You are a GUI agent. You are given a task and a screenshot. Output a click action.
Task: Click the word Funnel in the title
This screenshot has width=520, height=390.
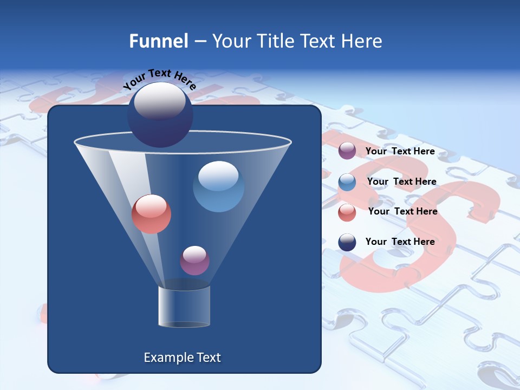[158, 41]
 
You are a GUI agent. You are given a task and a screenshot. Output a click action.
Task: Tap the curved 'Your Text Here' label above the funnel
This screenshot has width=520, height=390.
[159, 79]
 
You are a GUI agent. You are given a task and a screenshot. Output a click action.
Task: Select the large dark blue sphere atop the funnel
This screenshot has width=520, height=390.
[160, 115]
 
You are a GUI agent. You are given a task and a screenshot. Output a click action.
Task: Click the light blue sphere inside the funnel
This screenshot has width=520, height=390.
[218, 186]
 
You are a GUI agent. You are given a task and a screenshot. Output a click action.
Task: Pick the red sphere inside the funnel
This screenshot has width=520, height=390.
[151, 214]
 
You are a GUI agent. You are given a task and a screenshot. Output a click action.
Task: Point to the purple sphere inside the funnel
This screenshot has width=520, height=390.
[194, 261]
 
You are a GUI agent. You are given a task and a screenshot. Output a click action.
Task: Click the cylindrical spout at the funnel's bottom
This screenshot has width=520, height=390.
[184, 307]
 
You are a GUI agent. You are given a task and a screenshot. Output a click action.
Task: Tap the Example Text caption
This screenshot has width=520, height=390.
[182, 357]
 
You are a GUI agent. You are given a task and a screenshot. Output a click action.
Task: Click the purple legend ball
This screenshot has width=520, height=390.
[347, 151]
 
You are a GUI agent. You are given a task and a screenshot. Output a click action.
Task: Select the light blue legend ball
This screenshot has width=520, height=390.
[347, 182]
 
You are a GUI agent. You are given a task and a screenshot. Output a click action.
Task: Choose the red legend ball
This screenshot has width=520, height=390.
[347, 212]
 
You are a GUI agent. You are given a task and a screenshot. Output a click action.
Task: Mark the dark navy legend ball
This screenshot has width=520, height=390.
[347, 242]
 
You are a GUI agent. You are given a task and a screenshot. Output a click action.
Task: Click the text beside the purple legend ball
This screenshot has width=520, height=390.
[400, 152]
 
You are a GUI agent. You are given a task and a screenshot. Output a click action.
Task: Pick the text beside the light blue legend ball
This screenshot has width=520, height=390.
[401, 182]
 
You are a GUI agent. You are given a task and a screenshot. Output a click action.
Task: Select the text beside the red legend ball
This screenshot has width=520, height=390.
[402, 212]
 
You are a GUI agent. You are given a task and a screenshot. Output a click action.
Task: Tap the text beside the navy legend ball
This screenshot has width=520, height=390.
[400, 242]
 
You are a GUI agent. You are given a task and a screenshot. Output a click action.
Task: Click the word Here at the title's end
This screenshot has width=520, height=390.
[362, 41]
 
